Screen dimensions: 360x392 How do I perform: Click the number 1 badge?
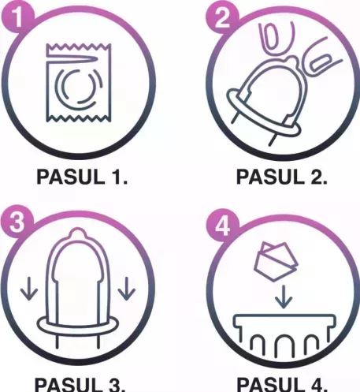tap(17, 18)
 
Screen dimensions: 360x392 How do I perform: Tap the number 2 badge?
tap(222, 18)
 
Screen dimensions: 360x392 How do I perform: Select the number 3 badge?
tap(17, 222)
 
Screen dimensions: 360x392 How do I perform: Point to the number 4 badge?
tap(222, 225)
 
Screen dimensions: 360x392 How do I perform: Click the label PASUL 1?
tap(82, 177)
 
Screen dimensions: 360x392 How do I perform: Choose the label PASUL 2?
tap(282, 177)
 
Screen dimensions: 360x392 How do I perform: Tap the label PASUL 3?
tap(80, 385)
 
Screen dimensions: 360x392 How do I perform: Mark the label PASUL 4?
tap(282, 385)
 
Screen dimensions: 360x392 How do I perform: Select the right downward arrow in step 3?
tap(127, 289)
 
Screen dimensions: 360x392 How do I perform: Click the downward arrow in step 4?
tap(284, 297)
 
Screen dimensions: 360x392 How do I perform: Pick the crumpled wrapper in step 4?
tap(276, 261)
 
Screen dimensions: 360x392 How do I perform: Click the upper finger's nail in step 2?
tap(271, 37)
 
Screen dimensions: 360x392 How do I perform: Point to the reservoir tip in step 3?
tap(76, 233)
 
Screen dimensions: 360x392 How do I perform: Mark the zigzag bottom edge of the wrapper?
tap(79, 118)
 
